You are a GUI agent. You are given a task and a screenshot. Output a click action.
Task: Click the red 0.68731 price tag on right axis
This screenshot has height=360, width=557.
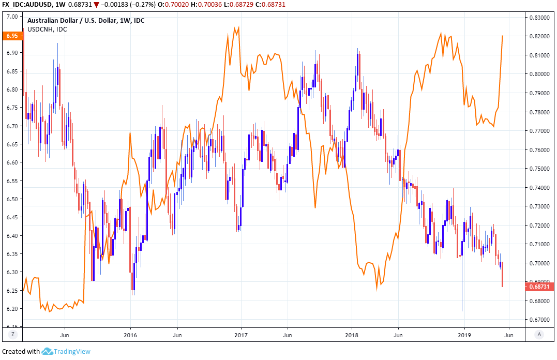(539, 286)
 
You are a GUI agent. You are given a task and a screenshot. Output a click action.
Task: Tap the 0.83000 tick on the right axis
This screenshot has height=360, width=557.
(538, 18)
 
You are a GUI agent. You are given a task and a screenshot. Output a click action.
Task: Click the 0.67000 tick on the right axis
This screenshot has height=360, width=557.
(538, 320)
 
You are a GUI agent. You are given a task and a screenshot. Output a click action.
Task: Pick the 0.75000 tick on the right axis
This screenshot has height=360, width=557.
(538, 169)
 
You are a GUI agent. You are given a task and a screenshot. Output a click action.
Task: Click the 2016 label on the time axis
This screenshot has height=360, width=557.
(130, 335)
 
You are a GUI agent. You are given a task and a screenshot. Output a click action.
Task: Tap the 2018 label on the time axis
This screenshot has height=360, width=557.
(352, 335)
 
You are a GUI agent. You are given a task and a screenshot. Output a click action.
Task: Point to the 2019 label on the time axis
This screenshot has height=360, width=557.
(464, 335)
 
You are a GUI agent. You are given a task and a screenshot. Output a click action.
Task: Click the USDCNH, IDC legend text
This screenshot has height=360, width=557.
(47, 29)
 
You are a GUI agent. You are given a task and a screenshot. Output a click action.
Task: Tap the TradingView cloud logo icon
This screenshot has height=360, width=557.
(47, 352)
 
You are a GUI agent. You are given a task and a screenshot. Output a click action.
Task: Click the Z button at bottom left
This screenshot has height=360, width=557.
(13, 335)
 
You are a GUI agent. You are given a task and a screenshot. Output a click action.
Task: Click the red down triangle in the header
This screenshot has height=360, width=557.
(96, 5)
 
